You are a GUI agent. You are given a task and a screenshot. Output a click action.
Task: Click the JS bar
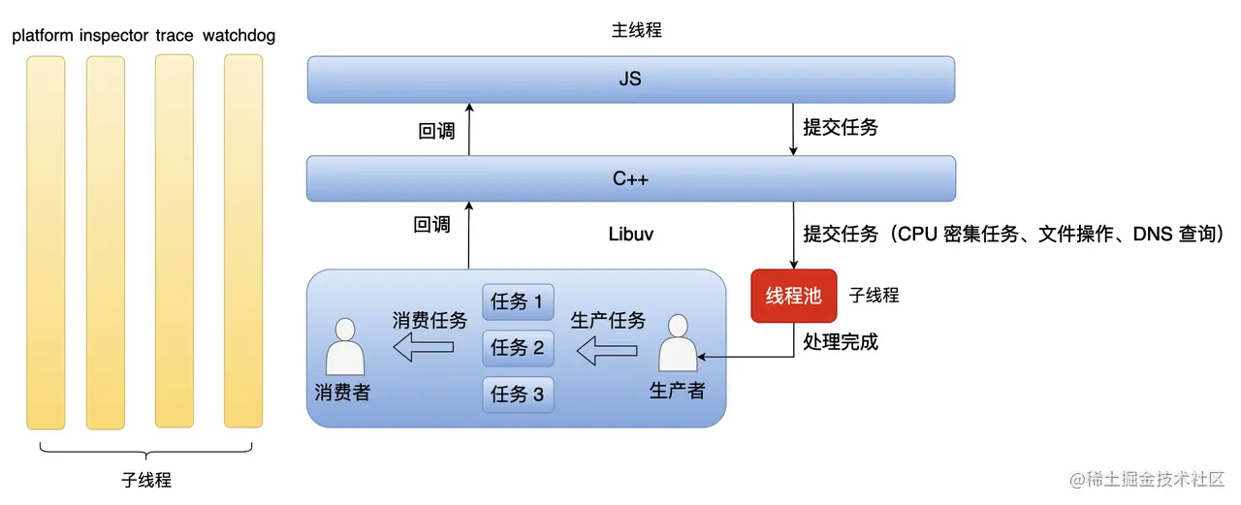pos(630,79)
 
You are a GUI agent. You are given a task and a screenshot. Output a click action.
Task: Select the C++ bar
pos(630,178)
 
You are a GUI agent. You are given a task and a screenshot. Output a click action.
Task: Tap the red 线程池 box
pos(793,296)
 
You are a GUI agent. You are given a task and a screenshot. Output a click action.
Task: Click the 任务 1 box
pos(518,301)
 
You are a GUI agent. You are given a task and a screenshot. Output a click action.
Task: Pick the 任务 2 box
pos(518,347)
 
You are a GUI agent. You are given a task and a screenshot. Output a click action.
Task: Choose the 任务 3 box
pos(518,394)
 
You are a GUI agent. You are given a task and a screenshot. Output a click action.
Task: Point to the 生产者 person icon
pos(678,343)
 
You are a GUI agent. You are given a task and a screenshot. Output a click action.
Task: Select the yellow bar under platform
pos(46,242)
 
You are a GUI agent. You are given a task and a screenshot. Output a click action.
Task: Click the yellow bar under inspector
pos(106,242)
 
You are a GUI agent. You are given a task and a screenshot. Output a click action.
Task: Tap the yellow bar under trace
pos(175,241)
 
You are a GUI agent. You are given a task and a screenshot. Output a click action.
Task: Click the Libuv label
pos(632,235)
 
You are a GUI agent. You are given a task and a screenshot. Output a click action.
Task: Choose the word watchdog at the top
pos(239,36)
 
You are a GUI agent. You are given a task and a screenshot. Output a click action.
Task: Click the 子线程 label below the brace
pos(146,480)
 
